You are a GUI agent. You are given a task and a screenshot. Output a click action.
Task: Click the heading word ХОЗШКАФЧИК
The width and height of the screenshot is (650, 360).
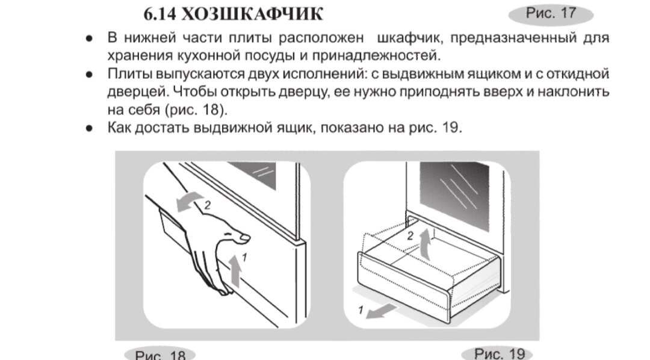(253, 13)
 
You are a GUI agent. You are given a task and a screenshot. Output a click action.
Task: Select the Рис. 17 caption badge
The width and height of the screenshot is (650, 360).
(551, 13)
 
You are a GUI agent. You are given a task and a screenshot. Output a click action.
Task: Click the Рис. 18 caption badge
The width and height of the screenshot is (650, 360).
(160, 354)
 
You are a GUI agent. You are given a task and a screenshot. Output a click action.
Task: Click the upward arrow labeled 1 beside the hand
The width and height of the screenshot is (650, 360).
(237, 269)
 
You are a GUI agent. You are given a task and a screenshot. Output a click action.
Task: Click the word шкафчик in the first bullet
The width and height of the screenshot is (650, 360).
(409, 39)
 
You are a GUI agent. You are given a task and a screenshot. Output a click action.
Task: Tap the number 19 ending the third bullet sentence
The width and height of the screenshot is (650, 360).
(451, 129)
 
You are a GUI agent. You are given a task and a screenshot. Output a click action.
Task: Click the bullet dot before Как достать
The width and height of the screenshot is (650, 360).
(88, 129)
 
